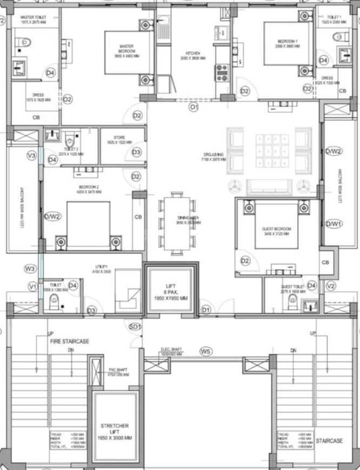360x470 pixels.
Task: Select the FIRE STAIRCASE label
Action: pos(70,341)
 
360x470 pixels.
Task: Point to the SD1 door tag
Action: pos(135,327)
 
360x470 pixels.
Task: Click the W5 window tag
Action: pos(205,352)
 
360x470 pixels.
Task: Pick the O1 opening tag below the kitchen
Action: pos(193,108)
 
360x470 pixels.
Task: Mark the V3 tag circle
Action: pos(31,156)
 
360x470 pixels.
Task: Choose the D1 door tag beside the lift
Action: pos(205,310)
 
